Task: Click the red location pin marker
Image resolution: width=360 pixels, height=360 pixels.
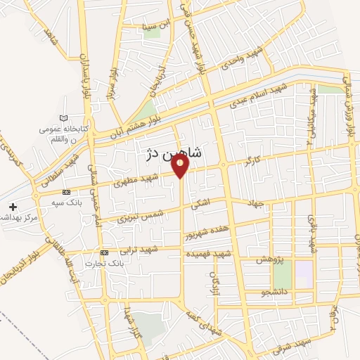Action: (x=181, y=166)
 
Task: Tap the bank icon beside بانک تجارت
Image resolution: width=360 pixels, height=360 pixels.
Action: (x=104, y=252)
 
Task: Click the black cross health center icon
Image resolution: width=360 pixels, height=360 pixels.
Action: (x=12, y=207)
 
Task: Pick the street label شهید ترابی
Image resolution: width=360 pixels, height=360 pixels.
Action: (x=139, y=250)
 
